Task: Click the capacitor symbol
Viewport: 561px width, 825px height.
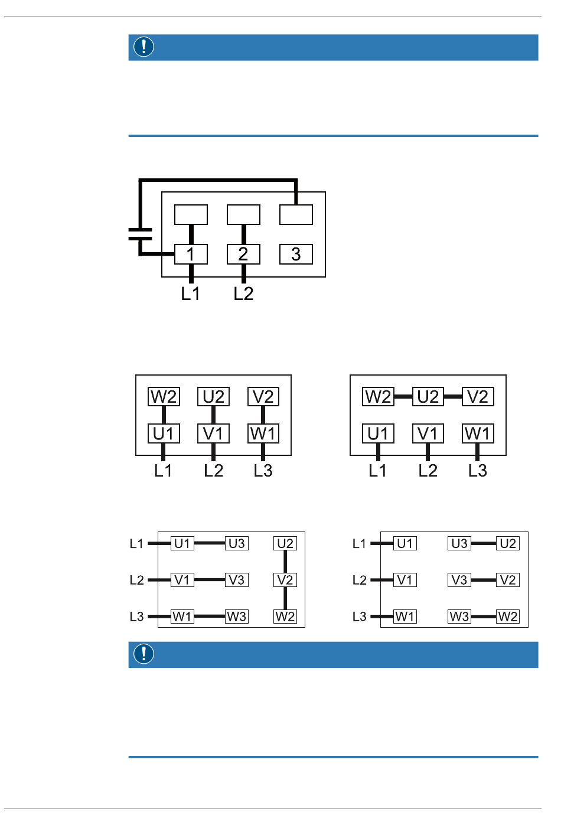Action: (140, 234)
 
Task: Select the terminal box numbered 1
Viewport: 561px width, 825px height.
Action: (191, 254)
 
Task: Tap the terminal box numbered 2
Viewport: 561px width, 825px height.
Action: (243, 254)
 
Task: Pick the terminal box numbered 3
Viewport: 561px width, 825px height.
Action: (296, 254)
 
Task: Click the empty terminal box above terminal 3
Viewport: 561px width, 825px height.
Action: (296, 215)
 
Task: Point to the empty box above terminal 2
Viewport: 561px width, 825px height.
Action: (243, 215)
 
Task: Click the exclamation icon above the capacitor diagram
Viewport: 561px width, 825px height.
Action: (143, 47)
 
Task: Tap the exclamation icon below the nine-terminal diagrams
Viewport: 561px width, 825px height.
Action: (143, 654)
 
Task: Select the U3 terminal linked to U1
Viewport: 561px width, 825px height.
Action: (236, 543)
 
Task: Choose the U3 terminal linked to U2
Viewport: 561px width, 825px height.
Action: (459, 543)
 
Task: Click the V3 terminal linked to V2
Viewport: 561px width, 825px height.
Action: (459, 580)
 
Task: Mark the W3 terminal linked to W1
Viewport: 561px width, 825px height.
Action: (236, 617)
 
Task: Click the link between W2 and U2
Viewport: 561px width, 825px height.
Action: (403, 397)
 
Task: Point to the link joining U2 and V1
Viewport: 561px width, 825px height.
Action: (213, 415)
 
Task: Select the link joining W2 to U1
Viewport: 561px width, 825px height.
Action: (164, 415)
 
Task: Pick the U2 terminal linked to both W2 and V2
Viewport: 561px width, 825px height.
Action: (428, 397)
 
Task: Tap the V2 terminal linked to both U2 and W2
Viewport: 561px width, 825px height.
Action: (285, 580)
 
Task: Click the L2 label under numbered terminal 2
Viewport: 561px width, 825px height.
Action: (243, 294)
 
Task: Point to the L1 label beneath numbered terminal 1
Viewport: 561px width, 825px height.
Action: (190, 294)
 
